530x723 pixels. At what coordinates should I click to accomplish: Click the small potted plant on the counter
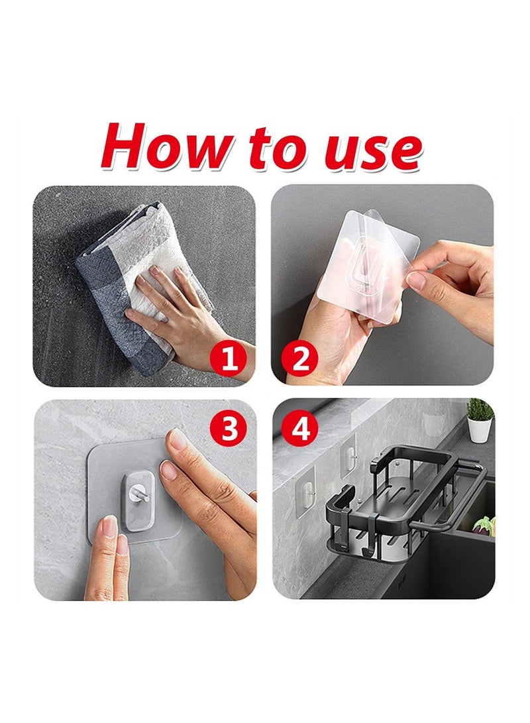479,419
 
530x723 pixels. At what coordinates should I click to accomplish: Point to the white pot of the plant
479,431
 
